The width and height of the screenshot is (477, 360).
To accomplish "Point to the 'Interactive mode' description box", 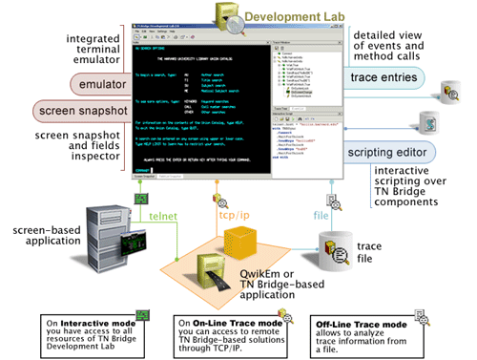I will tap(92, 329).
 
